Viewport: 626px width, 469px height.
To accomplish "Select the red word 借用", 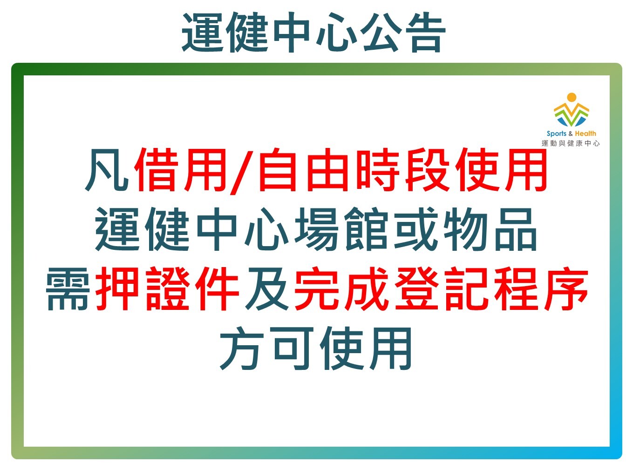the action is point(180,170).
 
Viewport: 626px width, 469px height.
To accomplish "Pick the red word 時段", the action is point(402,170).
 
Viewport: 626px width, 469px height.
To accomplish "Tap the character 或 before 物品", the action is point(415,229).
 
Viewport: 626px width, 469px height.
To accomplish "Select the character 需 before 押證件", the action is point(68,289).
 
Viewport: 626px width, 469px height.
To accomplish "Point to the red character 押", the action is point(117,289).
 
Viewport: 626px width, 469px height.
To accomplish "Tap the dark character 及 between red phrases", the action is point(267,289).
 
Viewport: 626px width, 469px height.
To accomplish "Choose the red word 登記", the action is point(441,289).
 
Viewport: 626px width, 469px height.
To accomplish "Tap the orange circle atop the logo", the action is point(572,97).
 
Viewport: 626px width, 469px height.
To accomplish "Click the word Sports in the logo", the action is point(556,134).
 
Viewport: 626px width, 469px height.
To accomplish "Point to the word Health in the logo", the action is point(585,133).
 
